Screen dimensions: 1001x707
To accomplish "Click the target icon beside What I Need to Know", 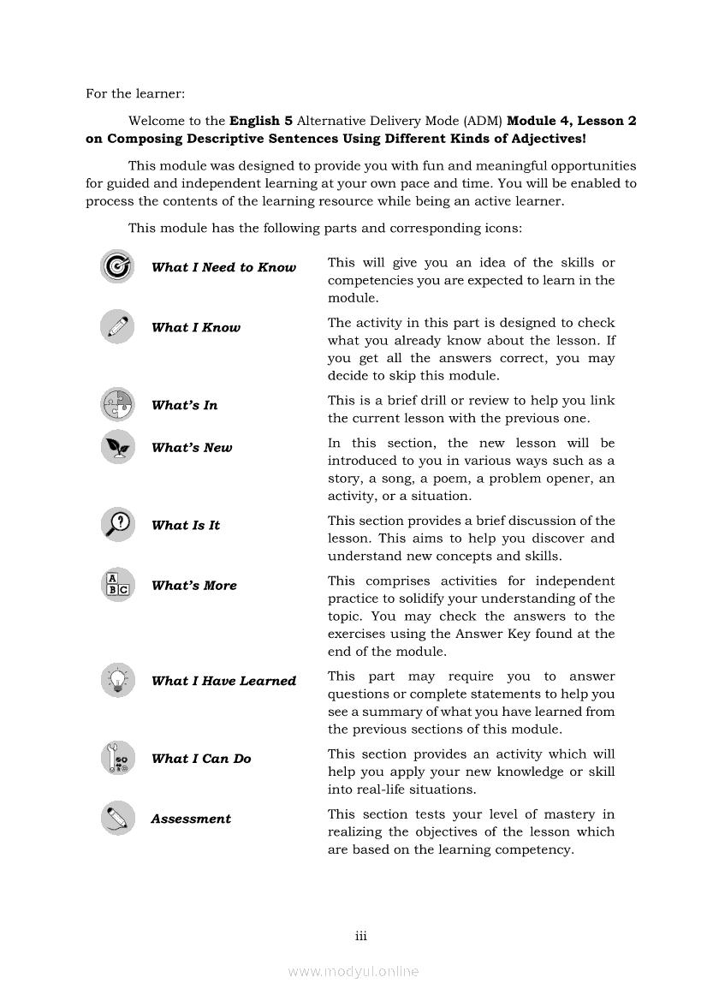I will pyautogui.click(x=117, y=266).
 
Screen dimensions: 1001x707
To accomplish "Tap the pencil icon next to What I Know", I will pyautogui.click(x=117, y=326).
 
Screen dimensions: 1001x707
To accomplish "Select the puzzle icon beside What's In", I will pyautogui.click(x=117, y=404).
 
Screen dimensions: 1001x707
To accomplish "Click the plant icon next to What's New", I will pyautogui.click(x=117, y=447).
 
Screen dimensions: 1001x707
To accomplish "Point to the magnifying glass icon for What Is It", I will pyautogui.click(x=117, y=524).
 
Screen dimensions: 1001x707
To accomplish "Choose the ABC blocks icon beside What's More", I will pyautogui.click(x=117, y=585).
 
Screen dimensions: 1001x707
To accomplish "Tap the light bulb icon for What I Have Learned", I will pyautogui.click(x=117, y=680).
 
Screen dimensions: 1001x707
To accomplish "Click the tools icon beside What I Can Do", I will pyautogui.click(x=117, y=758).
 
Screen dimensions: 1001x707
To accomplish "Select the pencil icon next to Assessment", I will pyautogui.click(x=117, y=818).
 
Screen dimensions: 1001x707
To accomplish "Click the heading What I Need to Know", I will pyautogui.click(x=223, y=267).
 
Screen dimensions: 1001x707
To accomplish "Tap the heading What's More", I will pyautogui.click(x=193, y=586).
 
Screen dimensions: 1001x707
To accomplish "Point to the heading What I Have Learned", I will pyautogui.click(x=223, y=681).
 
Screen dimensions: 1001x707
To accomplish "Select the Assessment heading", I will pyautogui.click(x=191, y=819).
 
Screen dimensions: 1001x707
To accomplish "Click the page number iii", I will pyautogui.click(x=360, y=936).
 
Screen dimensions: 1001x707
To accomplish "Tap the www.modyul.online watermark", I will pyautogui.click(x=353, y=971).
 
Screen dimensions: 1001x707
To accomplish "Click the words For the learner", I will pyautogui.click(x=135, y=93).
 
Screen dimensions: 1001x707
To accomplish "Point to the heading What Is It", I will pyautogui.click(x=186, y=525).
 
